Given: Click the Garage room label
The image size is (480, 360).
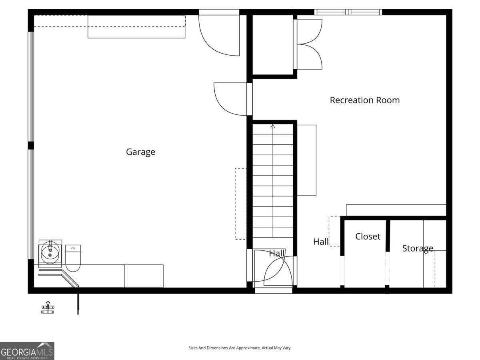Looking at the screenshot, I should point(140,152).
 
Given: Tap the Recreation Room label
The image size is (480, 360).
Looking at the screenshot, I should point(364,100).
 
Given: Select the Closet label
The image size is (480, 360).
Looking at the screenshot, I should point(368,236).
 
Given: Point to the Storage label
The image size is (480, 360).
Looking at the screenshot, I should point(418,248).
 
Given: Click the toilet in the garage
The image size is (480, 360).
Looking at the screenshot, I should point(73,258).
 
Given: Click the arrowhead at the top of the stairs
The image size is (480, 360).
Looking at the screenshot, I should point(273,126).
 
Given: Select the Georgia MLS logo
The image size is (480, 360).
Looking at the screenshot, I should point(27,351).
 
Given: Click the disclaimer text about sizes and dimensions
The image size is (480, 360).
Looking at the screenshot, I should point(240,348).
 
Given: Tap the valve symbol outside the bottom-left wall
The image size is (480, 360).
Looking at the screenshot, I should point(48,308).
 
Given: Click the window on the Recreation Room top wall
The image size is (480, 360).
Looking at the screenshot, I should point(348,12).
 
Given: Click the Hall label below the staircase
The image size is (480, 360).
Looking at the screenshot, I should point(276,253).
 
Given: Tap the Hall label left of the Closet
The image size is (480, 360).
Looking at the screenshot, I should point(321,242).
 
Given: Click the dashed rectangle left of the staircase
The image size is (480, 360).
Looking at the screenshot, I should point(240,204).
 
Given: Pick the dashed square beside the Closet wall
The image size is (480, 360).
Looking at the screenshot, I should point(334,231).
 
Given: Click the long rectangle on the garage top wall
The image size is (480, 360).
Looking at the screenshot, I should point(136,26).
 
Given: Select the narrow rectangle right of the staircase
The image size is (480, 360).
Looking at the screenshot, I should point(306,160).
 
